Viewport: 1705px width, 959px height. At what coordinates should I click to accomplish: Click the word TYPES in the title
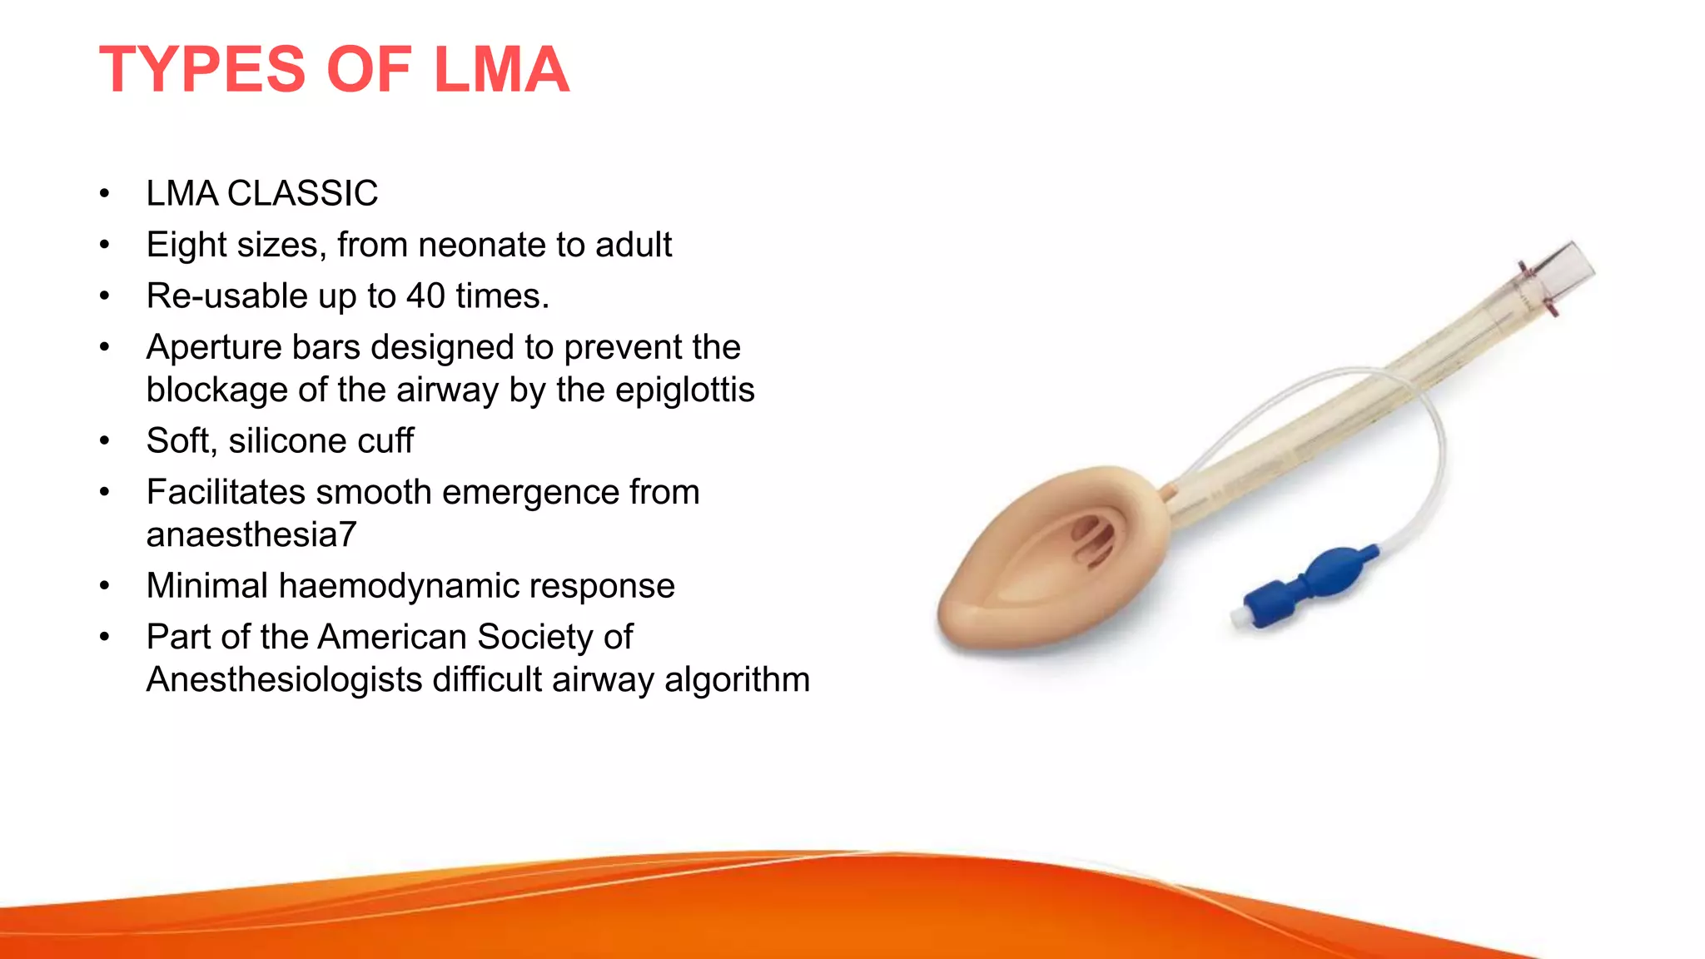coord(202,69)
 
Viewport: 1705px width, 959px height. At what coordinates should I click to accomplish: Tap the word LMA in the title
coord(501,69)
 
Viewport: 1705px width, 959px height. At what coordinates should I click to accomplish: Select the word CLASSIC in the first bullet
coord(302,194)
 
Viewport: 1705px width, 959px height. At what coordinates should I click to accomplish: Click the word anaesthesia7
coord(251,535)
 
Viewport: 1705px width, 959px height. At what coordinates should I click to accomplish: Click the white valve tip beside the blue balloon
coord(1240,617)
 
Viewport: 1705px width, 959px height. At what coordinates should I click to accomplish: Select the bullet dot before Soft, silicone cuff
coord(104,441)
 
